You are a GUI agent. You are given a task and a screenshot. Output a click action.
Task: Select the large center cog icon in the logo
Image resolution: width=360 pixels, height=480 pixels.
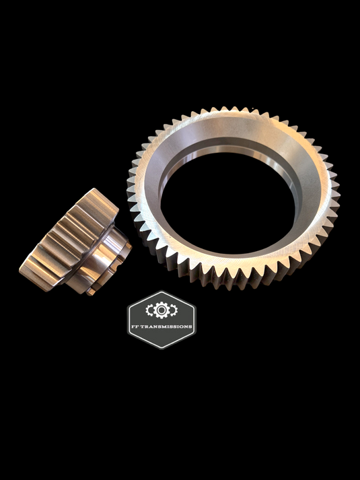(x=161, y=310)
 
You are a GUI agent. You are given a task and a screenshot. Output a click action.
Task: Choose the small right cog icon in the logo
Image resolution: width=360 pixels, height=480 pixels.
(x=174, y=310)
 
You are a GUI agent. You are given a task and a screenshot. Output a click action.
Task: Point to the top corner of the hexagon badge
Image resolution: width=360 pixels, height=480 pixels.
(x=161, y=291)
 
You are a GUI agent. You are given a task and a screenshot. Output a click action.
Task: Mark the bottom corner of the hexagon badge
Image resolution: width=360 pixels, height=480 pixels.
(x=161, y=349)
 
